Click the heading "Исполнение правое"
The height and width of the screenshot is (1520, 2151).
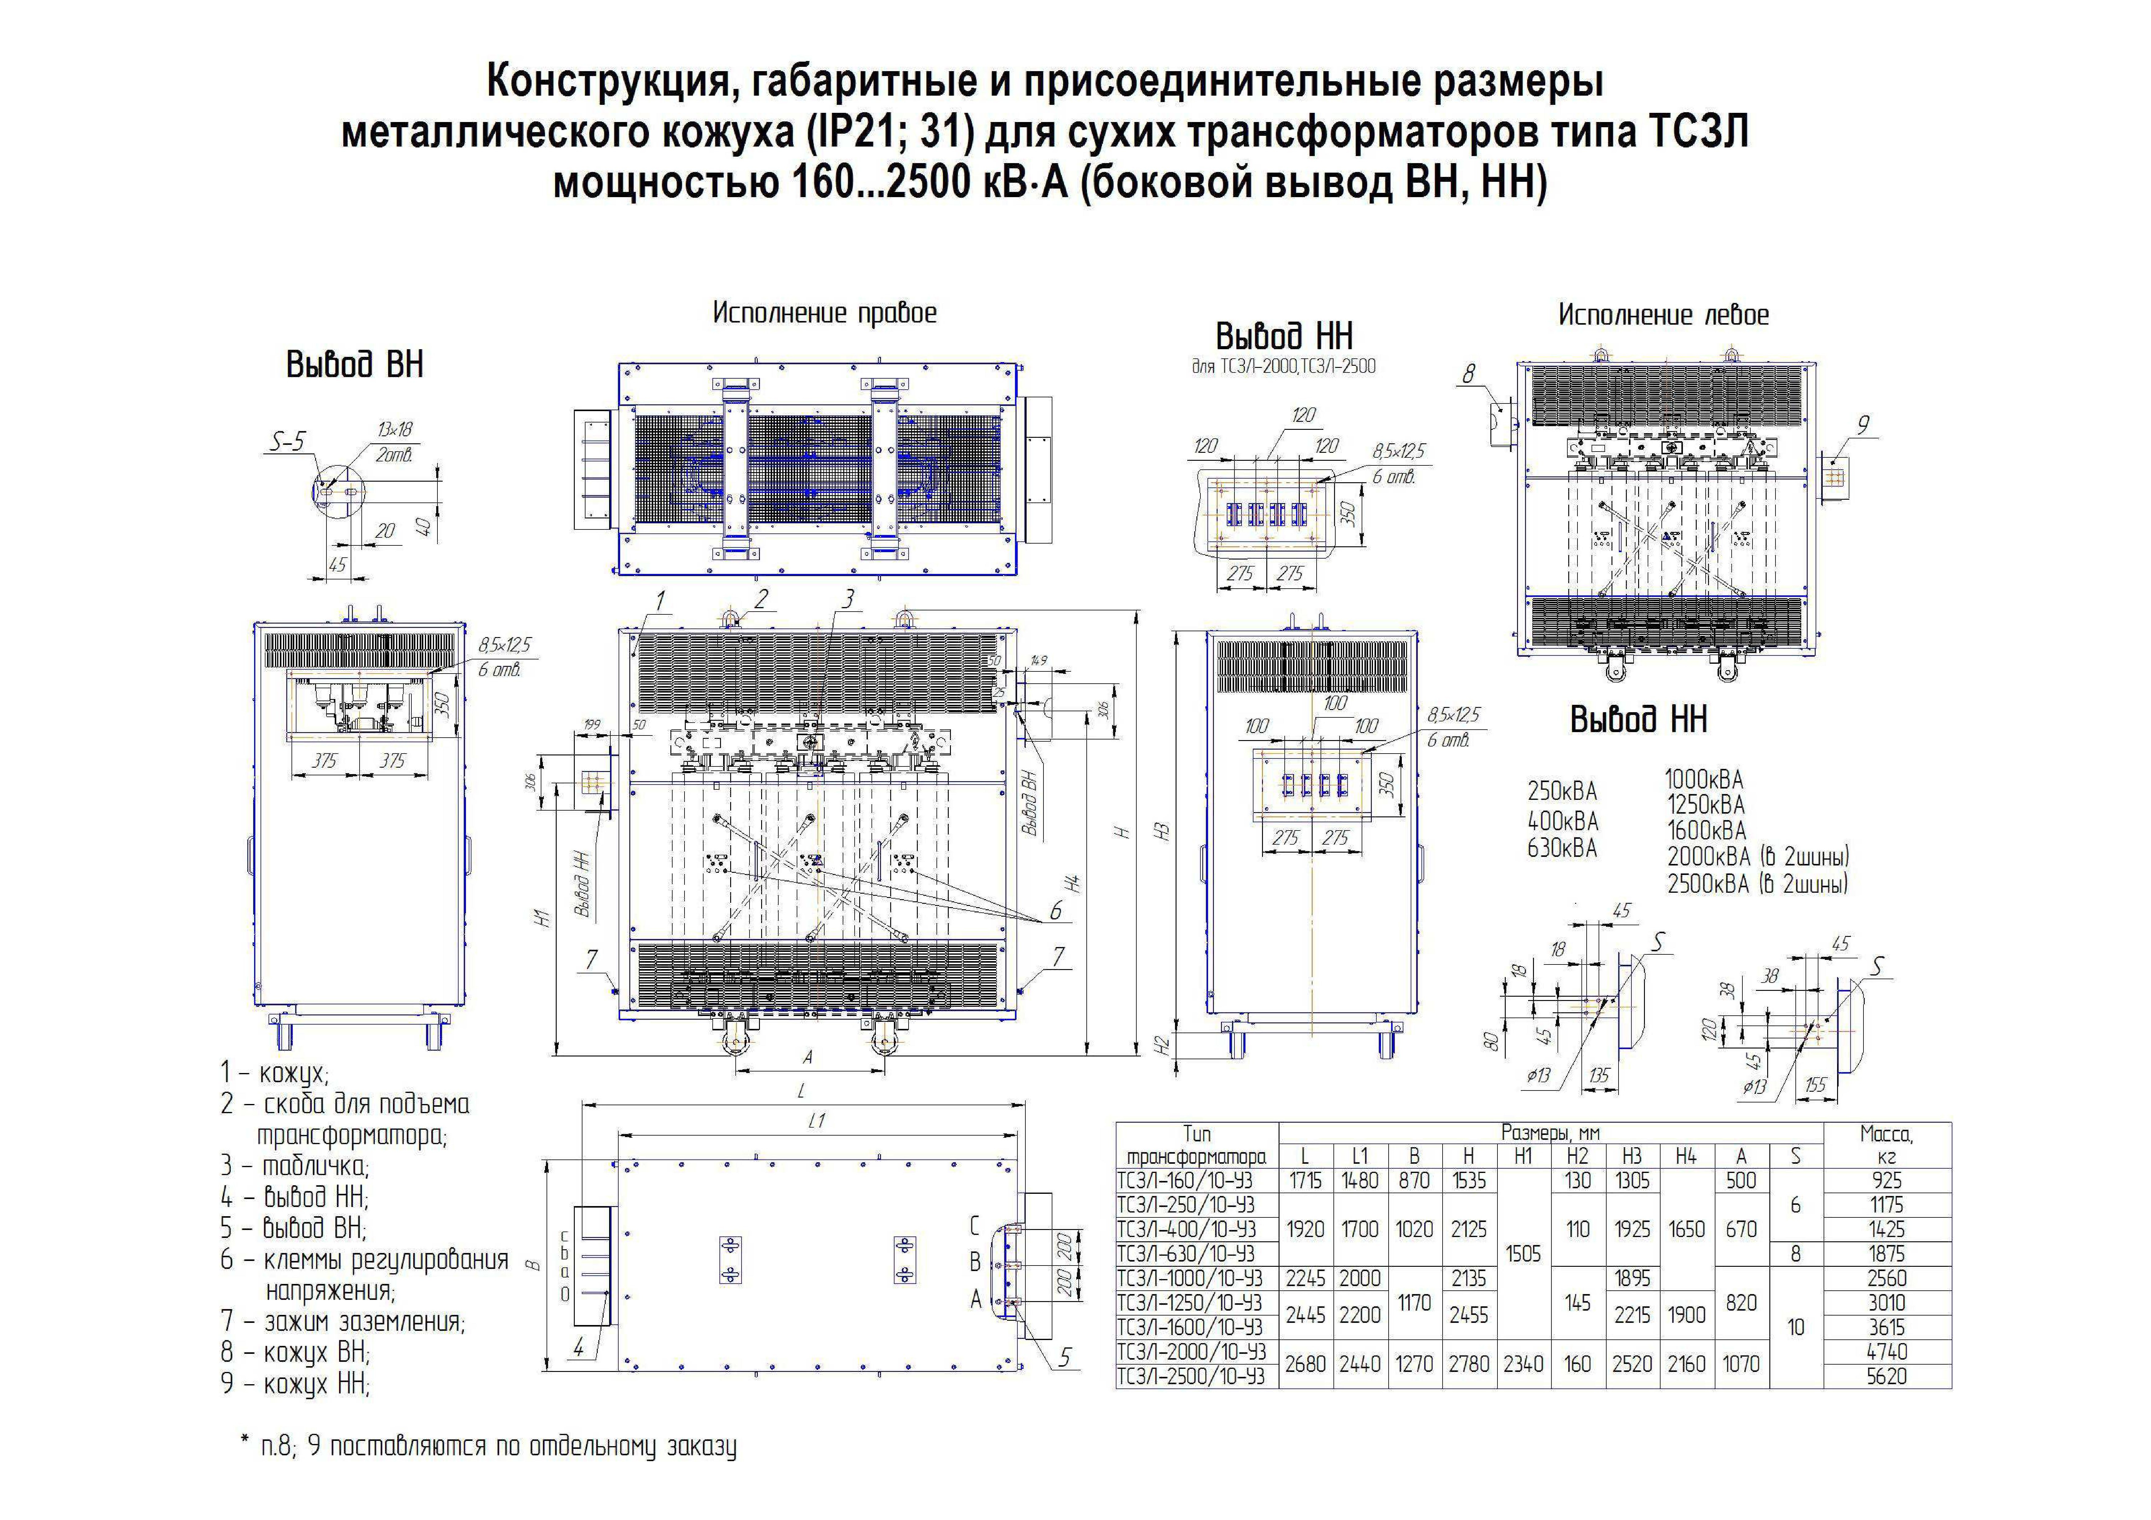click(x=824, y=313)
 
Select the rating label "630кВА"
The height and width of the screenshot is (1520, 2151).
click(x=1562, y=848)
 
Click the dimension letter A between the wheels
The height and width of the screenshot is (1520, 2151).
click(x=807, y=1057)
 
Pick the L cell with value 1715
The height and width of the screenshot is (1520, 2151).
click(x=1305, y=1181)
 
